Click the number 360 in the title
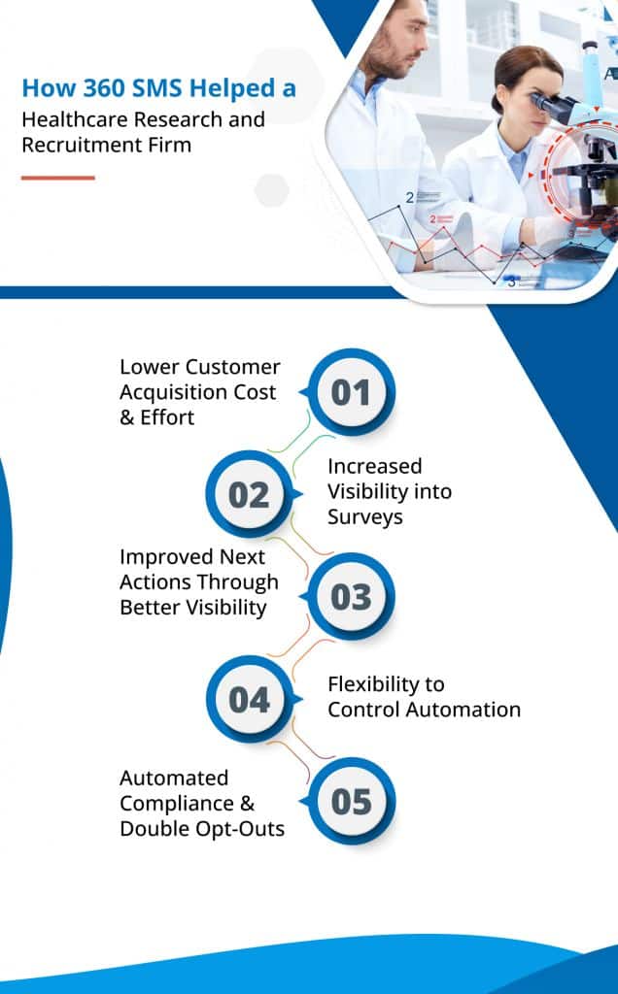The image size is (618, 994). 105,88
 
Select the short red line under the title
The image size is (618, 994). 57,178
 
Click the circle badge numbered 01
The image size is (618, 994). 352,392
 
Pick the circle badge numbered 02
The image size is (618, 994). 250,494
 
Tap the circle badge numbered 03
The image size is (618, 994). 352,597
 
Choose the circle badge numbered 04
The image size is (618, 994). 250,699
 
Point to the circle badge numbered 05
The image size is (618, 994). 352,801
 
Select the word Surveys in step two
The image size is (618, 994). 364,517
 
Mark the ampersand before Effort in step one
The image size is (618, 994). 127,417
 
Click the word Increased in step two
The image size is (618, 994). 374,467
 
